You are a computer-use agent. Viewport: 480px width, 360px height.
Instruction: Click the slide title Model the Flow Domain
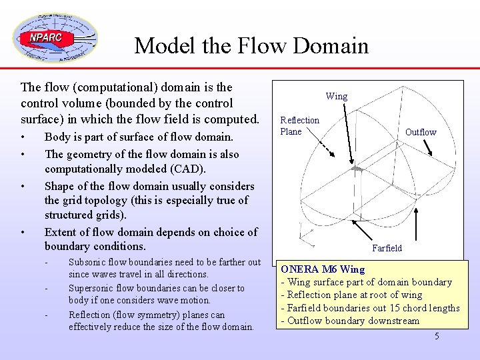[251, 45]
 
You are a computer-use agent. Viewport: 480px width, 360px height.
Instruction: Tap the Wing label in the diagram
[336, 96]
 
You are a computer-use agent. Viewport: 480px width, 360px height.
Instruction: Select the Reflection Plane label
[299, 125]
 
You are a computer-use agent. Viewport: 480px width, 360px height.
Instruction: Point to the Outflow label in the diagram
[421, 132]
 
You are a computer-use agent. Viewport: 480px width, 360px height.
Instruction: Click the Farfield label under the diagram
[387, 248]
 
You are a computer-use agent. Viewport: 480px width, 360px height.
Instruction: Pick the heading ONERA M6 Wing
[323, 269]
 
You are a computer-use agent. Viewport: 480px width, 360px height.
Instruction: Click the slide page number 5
[437, 336]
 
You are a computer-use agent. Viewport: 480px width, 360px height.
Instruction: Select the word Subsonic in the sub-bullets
[88, 262]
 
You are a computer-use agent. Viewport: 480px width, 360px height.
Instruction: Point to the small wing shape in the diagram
[358, 171]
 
